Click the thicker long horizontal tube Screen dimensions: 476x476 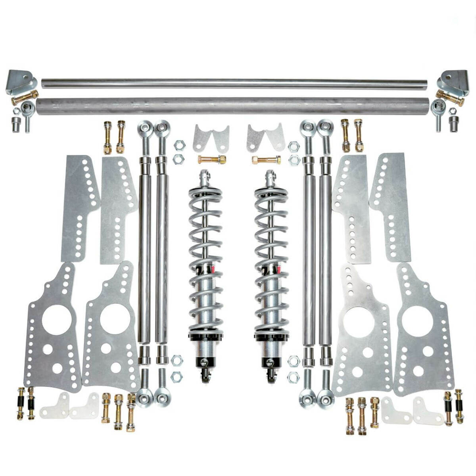pyautogui.click(x=234, y=106)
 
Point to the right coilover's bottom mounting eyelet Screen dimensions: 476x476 pyautogui.click(x=271, y=375)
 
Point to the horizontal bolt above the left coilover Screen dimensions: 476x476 pyautogui.click(x=212, y=160)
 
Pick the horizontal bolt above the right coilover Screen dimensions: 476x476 pyautogui.click(x=266, y=160)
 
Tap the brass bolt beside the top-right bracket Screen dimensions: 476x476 pyautogui.click(x=450, y=97)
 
